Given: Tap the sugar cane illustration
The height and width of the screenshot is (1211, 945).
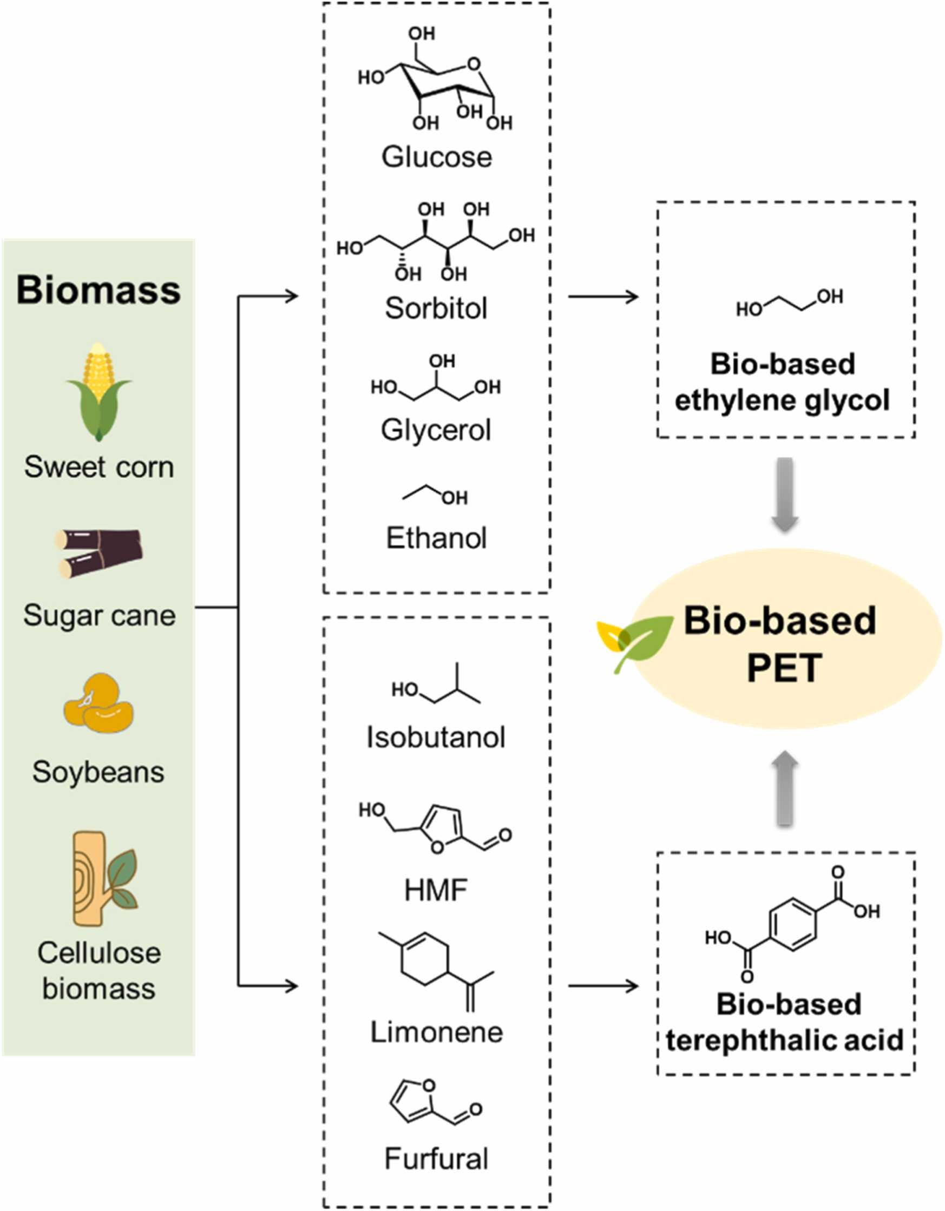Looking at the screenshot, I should (99, 553).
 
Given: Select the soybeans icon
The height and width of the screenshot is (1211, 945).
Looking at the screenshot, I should (99, 702).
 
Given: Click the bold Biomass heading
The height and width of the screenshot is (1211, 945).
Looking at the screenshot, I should (98, 289).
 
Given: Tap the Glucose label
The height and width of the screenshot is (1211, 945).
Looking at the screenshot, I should (436, 157).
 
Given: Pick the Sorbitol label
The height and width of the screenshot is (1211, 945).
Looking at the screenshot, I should (436, 308).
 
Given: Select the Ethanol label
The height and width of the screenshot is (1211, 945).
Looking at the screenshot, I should (436, 538).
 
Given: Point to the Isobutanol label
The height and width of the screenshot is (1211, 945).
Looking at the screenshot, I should (436, 738).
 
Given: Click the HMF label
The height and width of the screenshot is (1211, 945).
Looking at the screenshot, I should (436, 891).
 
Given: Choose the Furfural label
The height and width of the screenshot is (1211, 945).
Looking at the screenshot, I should (436, 1159).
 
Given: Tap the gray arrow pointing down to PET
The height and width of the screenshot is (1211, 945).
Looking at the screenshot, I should (785, 493).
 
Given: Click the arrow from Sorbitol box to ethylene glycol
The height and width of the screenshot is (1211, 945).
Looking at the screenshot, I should (603, 297).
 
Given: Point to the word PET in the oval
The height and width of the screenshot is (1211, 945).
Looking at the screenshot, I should (784, 668).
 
